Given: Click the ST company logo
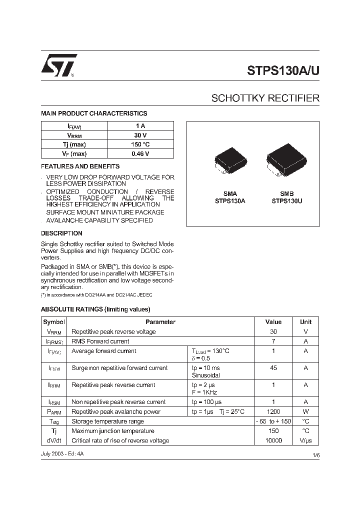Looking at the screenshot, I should pos(58,65).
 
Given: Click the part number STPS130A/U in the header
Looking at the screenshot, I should pos(283,70).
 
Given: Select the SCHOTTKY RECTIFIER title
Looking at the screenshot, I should pos(265,98).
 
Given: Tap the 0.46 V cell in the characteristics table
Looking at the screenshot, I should pos(140,154).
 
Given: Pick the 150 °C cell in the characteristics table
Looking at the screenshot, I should pos(140,144).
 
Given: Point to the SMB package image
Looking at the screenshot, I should pos(282,160).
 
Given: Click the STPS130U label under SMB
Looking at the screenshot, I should pos(286,201).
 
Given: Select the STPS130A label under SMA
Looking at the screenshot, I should pos(230,201).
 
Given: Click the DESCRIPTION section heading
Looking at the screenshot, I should pos(61,233).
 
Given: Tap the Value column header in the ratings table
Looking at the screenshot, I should pos(273,322).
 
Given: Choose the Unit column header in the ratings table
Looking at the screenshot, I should pos(305,322).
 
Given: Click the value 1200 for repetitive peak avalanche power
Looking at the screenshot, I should pos(273,411).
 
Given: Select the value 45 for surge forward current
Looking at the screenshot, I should pos(273,368).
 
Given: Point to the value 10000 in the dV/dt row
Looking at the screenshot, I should pos(273,440).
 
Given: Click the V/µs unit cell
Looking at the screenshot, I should pos(305,440).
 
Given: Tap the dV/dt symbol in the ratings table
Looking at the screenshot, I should pos(53,440).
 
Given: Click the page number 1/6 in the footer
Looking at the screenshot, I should pos(315,455).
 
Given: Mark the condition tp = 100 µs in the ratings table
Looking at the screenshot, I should pos(206,402).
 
